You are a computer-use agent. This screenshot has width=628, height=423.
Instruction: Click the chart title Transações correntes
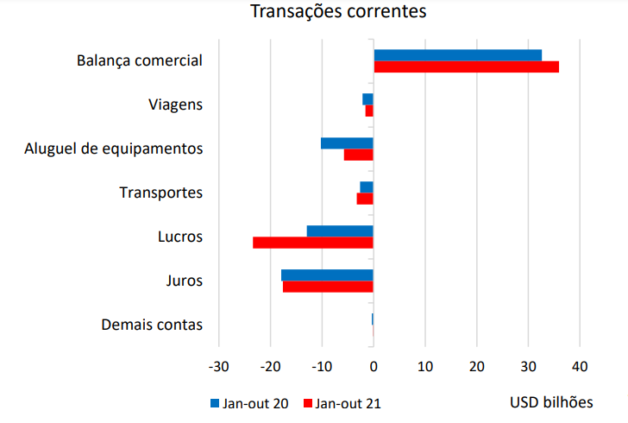coord(338,12)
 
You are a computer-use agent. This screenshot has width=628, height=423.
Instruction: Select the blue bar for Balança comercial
coord(457,55)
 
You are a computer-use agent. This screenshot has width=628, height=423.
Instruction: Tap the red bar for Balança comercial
coord(466,66)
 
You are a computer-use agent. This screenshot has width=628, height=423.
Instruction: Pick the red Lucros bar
coord(312,243)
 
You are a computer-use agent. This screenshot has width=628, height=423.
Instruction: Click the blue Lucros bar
coord(340,230)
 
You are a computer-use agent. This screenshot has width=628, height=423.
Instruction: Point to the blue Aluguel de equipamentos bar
coord(347,143)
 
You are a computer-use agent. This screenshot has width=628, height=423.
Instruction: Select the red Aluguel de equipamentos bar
coord(358,155)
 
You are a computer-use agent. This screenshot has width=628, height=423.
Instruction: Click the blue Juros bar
coord(327,275)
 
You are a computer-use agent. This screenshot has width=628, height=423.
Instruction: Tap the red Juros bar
coord(328,287)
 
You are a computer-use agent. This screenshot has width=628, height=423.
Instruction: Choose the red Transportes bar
coord(365,199)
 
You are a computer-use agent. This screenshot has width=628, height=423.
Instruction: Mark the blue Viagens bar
coord(367,99)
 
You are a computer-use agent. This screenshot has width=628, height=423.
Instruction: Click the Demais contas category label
coord(152,325)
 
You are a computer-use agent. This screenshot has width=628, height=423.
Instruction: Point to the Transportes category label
coord(160,193)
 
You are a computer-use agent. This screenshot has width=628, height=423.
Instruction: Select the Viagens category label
coord(175,104)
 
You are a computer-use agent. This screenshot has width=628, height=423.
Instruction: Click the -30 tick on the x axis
coord(219,366)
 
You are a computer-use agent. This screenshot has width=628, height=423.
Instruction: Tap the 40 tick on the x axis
coord(579,366)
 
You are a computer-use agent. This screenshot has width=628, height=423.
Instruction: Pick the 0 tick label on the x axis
coord(374,366)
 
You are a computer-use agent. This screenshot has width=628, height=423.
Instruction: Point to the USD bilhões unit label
coord(551,402)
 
